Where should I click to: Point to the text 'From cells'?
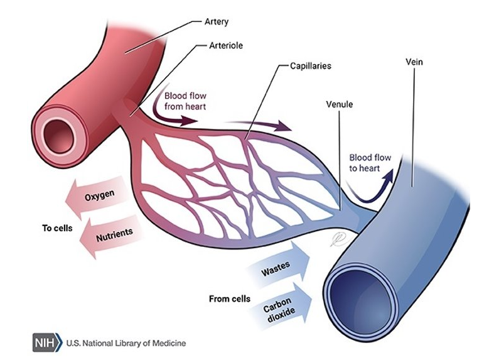[x=230, y=298]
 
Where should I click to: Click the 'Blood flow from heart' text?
[x=184, y=101]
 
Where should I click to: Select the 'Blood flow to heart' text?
[x=370, y=163]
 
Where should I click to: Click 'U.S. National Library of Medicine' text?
[x=126, y=343]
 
